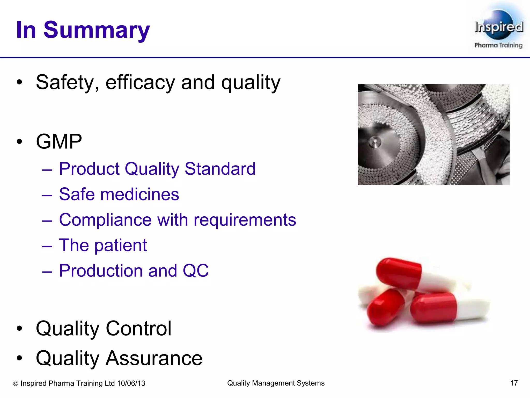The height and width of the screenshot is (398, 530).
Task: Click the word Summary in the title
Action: coord(97,30)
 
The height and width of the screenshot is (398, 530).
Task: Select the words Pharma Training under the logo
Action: coord(498,45)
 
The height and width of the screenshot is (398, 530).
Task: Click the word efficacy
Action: coord(140,83)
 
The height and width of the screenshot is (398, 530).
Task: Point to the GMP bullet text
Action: coord(59,142)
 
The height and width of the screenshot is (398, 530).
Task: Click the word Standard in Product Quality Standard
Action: coord(220,169)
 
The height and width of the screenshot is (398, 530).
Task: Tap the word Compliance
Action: coord(105,220)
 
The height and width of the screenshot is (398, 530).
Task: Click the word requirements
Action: coord(245,220)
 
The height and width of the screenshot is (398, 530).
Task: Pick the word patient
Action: coord(121,245)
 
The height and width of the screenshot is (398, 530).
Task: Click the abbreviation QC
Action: coord(195,271)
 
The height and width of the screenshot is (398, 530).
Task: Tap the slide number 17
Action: coord(514,383)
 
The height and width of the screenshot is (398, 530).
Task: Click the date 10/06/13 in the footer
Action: coord(131,383)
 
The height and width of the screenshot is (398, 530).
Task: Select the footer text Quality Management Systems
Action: coord(276,383)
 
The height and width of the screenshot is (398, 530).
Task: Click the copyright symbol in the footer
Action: coord(16,383)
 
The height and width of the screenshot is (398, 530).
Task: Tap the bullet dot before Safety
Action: coord(19,83)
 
